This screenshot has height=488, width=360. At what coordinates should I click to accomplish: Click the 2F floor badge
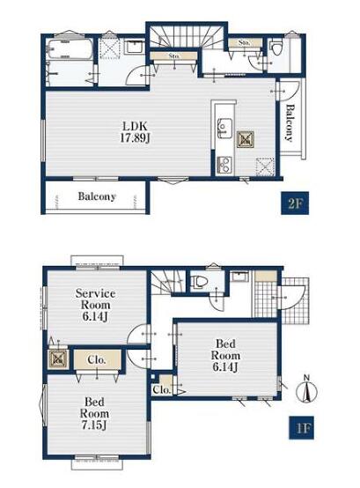tap(295, 203)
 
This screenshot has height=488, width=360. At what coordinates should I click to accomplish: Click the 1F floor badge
tap(301, 427)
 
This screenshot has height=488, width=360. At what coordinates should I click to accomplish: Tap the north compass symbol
tap(306, 389)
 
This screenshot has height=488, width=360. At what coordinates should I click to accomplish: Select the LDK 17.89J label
tap(135, 132)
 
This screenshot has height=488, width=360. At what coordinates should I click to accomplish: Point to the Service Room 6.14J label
tap(95, 305)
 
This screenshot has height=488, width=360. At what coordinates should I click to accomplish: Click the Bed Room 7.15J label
tap(94, 414)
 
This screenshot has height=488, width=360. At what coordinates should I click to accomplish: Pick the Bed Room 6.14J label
tap(225, 355)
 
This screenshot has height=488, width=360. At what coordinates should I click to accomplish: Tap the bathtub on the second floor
tap(70, 48)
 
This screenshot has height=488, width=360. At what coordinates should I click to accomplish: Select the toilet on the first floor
tap(198, 282)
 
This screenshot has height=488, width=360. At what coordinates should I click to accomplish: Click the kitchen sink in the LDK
tap(224, 128)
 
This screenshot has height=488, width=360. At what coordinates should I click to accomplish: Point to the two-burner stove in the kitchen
tap(224, 165)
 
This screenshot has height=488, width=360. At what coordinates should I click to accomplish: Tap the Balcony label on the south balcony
tap(97, 196)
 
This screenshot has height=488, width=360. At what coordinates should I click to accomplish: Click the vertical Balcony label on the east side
tap(290, 122)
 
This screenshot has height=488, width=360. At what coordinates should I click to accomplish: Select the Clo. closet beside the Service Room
tap(97, 359)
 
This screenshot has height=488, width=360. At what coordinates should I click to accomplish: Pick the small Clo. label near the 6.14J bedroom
tap(162, 389)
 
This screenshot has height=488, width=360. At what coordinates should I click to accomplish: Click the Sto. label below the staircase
tap(174, 56)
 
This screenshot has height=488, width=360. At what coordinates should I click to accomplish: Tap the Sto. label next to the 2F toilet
tap(245, 42)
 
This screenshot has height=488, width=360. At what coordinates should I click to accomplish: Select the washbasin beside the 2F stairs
tap(135, 48)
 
